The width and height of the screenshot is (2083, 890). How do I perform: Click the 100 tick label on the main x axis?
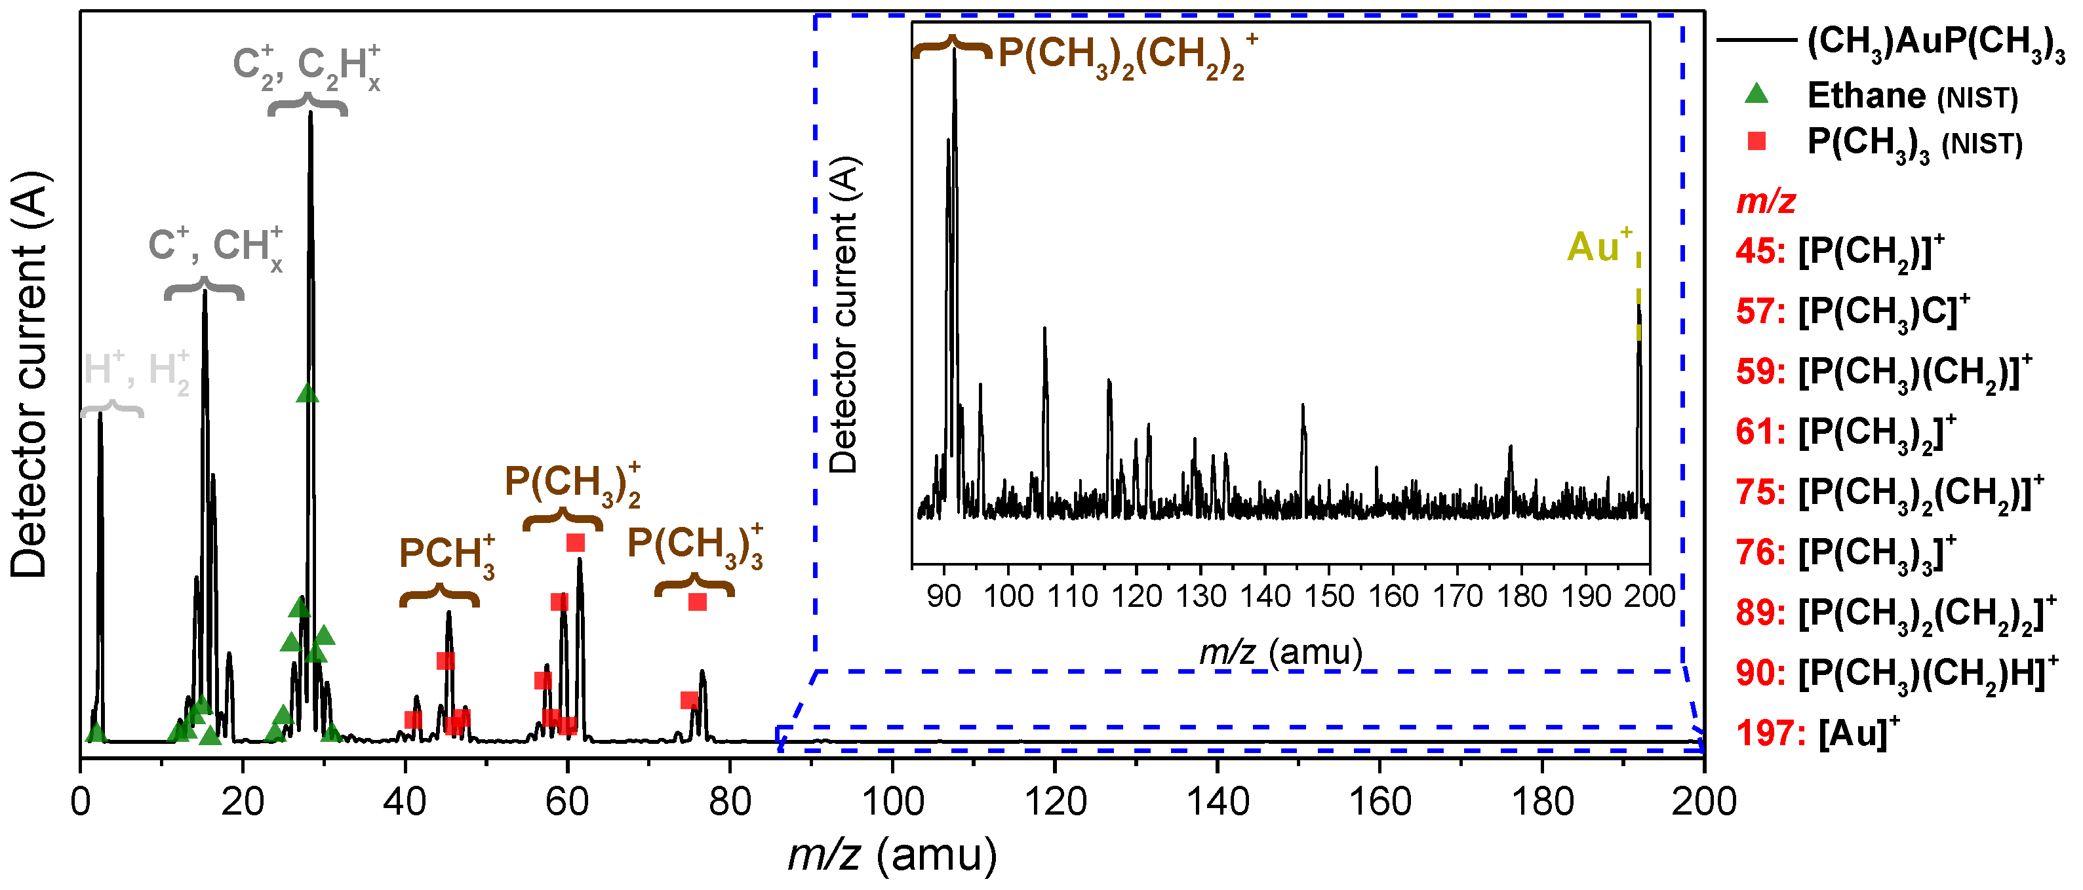(893, 802)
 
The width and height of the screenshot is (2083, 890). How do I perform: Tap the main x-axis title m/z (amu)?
(893, 855)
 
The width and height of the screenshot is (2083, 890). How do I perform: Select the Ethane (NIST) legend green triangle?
(1756, 94)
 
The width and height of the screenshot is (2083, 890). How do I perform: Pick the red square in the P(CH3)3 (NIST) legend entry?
(1756, 142)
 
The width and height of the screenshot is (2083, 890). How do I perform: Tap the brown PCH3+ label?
(446, 555)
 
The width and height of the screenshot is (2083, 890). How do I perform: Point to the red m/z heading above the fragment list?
(1766, 201)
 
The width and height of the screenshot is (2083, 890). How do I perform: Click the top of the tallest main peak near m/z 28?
(311, 113)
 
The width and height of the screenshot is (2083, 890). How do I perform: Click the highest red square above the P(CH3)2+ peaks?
(575, 543)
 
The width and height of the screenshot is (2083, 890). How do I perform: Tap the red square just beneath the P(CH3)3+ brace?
(697, 602)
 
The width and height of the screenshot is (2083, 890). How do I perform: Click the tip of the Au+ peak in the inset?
(1638, 305)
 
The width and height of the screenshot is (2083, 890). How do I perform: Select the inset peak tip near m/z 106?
(1044, 328)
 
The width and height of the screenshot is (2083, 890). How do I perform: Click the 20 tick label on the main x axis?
(243, 802)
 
